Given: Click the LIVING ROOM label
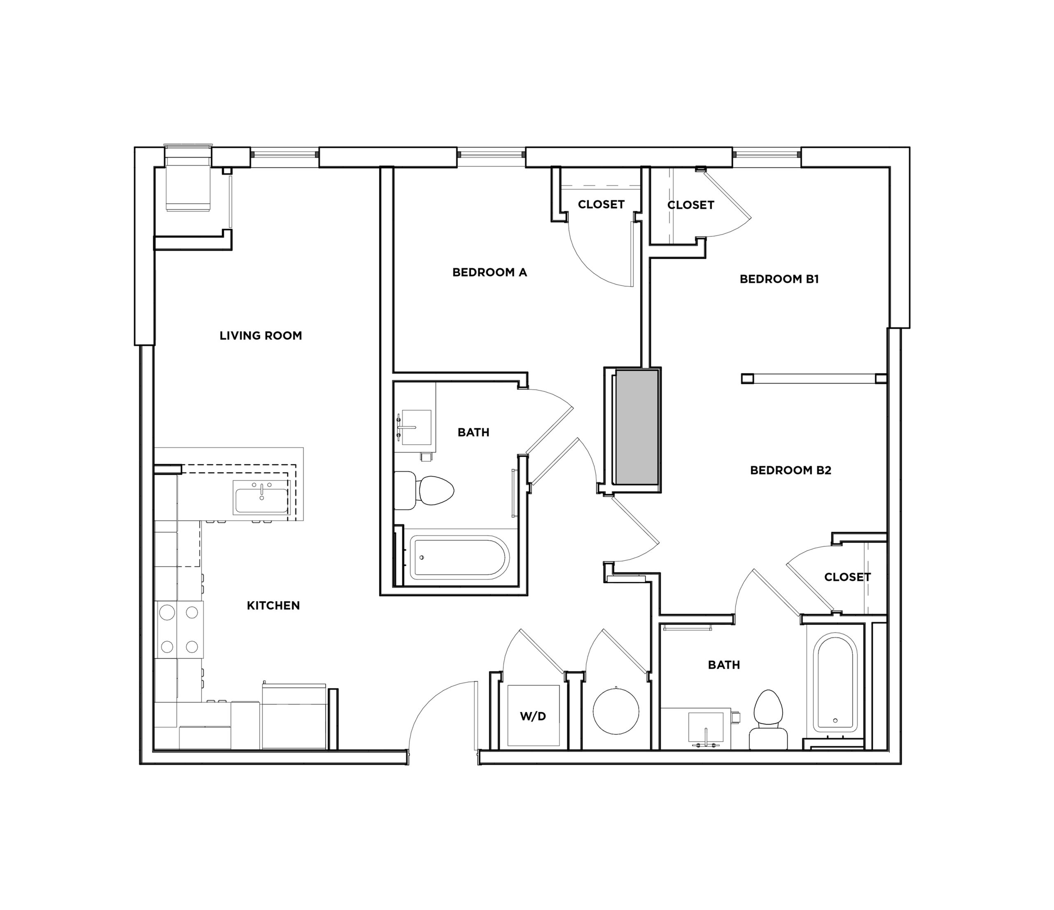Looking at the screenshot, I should (x=261, y=335).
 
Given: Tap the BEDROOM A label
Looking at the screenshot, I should (x=490, y=272).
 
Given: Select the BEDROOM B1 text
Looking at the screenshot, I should (x=779, y=279).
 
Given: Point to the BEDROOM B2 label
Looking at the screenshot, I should (x=790, y=470).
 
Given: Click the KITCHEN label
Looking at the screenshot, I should (x=273, y=605).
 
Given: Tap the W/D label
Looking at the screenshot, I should (x=533, y=716).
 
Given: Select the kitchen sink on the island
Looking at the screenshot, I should (x=261, y=497).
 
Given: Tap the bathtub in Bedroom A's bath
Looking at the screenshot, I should (x=459, y=558).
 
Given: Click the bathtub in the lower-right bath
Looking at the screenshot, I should (x=835, y=682).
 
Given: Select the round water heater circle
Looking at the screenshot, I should (x=616, y=711).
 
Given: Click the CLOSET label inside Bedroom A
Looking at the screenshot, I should (x=601, y=205).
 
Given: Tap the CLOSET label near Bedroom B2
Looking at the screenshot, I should (x=847, y=577).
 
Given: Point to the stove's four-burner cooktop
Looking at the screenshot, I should (x=179, y=629).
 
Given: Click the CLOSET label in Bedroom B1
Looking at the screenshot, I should (x=690, y=205).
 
